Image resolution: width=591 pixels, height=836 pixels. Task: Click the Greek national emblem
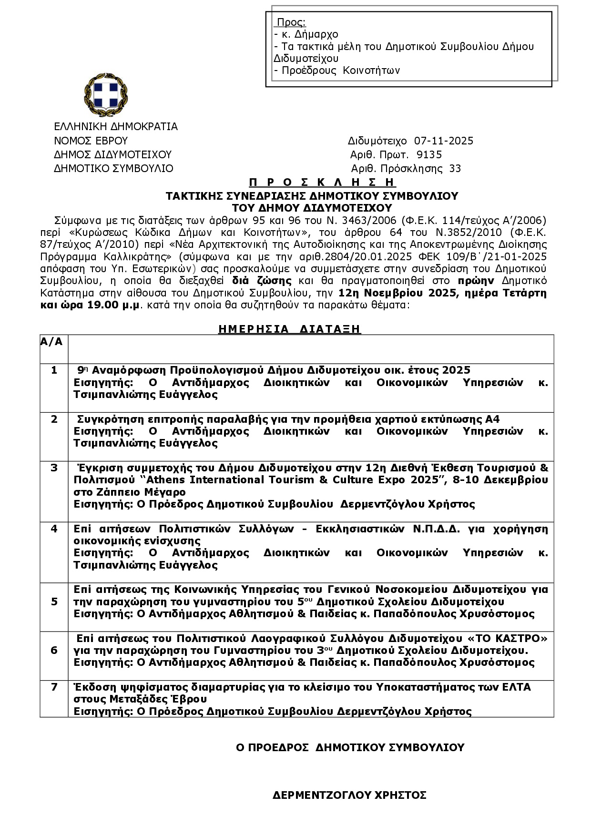pos(106,95)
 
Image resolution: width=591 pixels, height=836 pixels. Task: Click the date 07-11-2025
pos(443,141)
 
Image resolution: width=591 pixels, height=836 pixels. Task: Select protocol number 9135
pos(429,155)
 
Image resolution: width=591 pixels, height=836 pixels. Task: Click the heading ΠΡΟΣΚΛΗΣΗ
pos(322,182)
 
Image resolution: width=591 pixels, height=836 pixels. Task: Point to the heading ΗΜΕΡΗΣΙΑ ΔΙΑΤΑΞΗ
pos(289,329)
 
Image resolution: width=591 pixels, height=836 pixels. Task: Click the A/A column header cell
pos(51,342)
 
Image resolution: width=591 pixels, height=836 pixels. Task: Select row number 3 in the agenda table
pos(54,468)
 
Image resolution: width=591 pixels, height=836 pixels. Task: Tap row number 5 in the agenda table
pos(54,602)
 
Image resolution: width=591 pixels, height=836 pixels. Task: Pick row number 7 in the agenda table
pos(54,687)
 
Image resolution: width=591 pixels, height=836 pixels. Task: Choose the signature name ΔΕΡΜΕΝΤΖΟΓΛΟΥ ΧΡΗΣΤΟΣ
pos(349,795)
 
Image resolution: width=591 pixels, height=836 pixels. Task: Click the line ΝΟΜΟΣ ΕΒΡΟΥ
pos(91,141)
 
